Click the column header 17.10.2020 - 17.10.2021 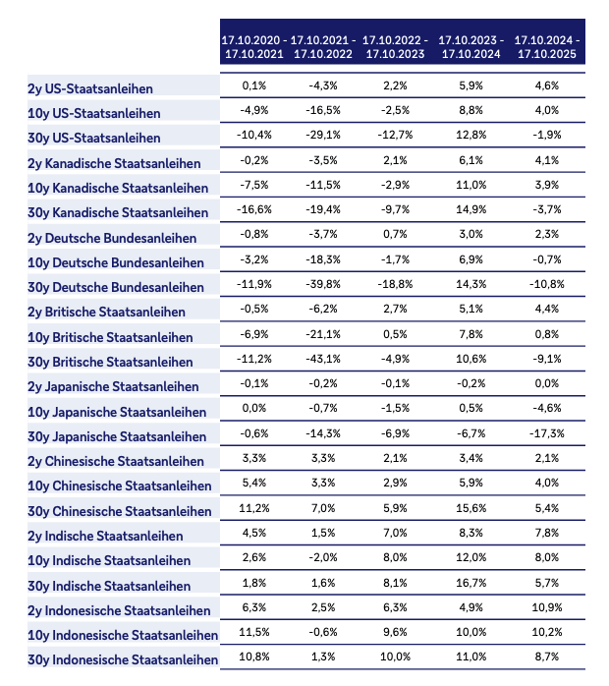(253, 46)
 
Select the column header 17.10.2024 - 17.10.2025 (546, 46)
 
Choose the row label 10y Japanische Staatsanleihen (117, 412)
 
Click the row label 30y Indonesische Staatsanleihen (123, 659)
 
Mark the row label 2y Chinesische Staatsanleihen (117, 461)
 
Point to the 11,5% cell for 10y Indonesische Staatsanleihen (253, 632)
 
